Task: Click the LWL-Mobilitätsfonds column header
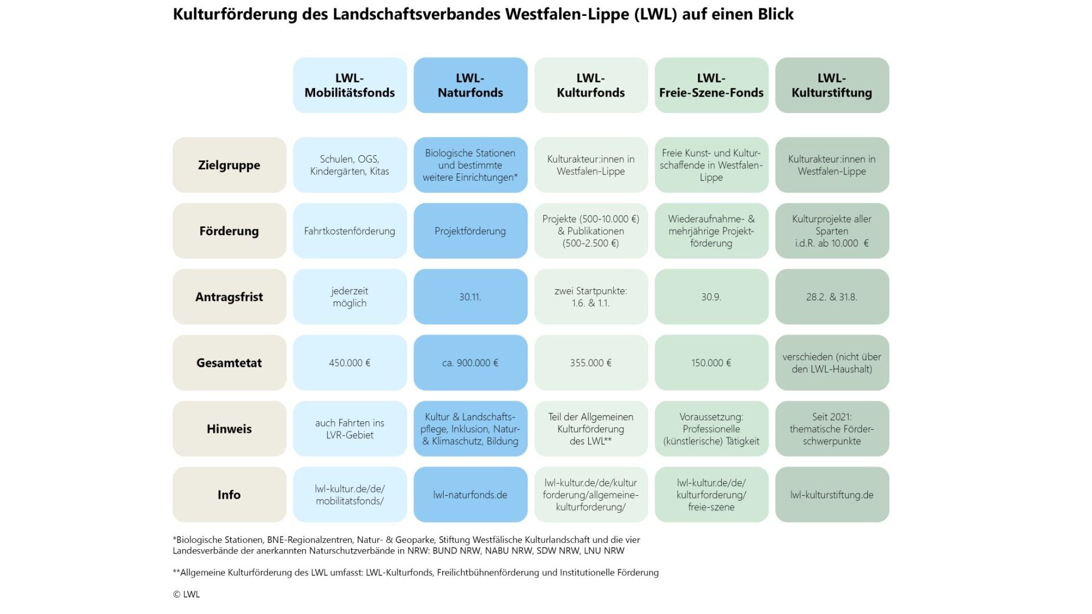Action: pos(350,85)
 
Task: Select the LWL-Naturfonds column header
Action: pos(470,85)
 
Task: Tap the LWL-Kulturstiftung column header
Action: pos(832,85)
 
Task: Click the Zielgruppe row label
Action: pos(229,165)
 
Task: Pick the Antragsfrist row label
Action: pos(229,297)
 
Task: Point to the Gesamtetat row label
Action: pos(229,363)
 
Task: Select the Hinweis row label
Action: pos(229,429)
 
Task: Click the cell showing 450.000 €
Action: pos(350,363)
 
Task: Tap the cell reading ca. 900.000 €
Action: pos(470,363)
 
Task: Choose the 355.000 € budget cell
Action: pos(591,363)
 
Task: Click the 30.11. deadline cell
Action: pos(470,297)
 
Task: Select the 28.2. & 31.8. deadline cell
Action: pos(832,297)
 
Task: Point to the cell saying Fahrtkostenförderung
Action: pos(350,231)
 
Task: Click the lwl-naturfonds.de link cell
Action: pos(470,495)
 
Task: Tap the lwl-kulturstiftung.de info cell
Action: pos(832,495)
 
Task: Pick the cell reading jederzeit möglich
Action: pos(350,297)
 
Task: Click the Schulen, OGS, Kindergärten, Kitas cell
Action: pos(350,165)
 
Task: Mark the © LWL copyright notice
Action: pos(187,594)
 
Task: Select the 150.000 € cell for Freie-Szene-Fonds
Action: pos(712,363)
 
